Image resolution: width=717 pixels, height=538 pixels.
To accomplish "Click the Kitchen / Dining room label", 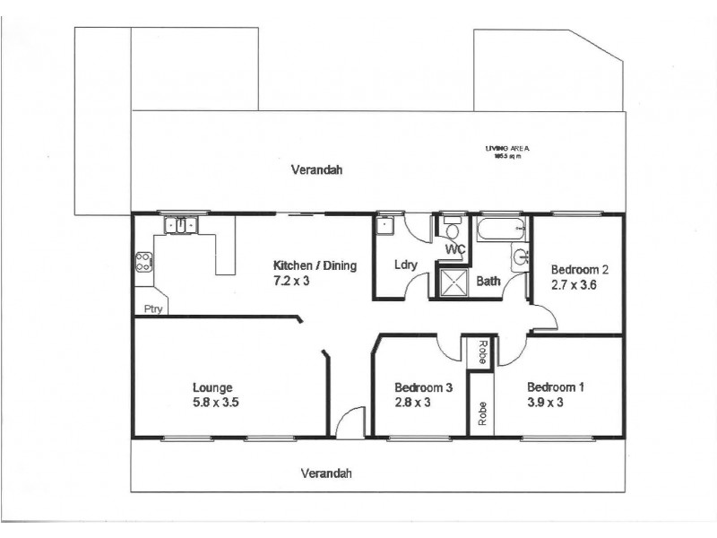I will (315, 265).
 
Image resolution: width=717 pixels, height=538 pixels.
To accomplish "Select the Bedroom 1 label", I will (555, 387).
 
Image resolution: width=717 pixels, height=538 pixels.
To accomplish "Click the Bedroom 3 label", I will (422, 387).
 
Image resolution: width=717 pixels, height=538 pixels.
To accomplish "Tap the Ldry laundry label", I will (403, 265).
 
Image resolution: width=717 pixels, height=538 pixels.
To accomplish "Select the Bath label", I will (488, 281).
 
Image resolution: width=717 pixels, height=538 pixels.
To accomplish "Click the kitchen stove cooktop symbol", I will (143, 263).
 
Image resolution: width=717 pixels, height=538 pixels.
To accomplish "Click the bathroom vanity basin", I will (521, 259).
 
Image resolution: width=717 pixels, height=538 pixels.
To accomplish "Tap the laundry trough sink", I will (385, 225).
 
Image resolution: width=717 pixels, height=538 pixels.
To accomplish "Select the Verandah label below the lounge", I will (326, 473).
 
